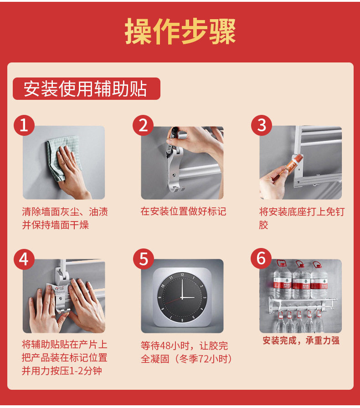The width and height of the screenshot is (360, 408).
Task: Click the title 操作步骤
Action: point(180,31)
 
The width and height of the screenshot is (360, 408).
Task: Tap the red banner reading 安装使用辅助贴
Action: point(87,88)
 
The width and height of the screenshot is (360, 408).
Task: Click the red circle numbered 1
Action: point(24,125)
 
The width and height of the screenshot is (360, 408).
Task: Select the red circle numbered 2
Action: point(143,125)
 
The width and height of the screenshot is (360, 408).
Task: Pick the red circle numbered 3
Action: point(262,125)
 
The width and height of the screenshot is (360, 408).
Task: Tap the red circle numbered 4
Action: point(24,259)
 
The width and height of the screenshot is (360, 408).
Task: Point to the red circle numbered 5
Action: point(144,259)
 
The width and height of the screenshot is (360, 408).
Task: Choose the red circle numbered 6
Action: point(261,258)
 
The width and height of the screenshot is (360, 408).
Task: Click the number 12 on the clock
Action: point(182,275)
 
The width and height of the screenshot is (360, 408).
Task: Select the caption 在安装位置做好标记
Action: point(183,211)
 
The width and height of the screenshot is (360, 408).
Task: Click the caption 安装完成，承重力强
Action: point(301,341)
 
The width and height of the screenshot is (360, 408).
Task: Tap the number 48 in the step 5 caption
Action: point(165,346)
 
